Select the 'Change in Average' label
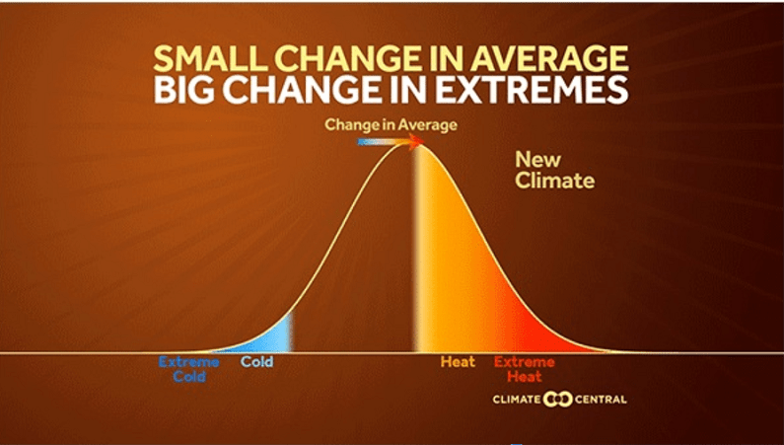coord(392,125)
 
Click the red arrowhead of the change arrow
coord(418,142)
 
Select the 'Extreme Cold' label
coord(182,369)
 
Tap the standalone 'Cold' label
coord(256,362)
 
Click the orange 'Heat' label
coord(458,362)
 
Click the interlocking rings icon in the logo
coord(560,400)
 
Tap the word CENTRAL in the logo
coord(600,400)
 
